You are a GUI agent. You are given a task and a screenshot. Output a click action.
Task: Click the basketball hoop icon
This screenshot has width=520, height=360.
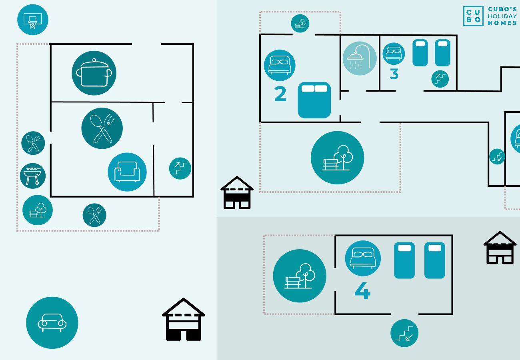pos(33,20)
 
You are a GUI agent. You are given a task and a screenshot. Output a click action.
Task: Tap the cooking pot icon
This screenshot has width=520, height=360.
pos(94,73)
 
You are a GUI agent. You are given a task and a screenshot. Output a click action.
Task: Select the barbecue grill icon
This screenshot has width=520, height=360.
pos(33,176)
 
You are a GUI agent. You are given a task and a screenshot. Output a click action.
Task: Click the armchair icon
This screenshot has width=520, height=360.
pos(127,172)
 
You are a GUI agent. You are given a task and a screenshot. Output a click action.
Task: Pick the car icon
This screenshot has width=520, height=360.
pos(52,322)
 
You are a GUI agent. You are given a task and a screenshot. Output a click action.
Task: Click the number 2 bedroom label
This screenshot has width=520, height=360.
pos(280,94)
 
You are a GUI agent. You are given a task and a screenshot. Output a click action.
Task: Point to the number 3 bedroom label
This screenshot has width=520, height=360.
pos(394,74)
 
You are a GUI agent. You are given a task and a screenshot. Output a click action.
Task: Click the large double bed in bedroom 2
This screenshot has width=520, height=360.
pos(314,100)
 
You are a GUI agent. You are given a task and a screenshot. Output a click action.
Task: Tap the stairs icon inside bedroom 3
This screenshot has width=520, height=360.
pos(440,79)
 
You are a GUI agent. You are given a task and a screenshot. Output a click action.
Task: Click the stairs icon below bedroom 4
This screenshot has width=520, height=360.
pos(404,333)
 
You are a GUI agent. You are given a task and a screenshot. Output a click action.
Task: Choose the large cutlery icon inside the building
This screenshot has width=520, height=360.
pos(102,128)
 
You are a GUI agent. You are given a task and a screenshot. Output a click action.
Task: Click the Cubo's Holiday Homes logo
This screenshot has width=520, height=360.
pos(490,16)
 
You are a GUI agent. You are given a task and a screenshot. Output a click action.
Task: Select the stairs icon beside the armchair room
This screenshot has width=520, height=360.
pos(180,168)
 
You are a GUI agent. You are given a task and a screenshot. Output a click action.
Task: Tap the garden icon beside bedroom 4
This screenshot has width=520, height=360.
pos(300,276)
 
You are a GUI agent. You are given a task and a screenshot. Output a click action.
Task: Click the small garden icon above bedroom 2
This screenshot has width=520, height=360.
pos(300,23)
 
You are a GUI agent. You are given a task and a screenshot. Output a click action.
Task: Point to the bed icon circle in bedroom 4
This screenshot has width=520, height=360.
pos(363,258)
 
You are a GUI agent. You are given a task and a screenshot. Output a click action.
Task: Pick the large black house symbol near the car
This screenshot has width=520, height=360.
pos(184,320)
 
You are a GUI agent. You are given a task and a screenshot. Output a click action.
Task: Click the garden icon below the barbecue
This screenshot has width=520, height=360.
pos(38,210)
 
